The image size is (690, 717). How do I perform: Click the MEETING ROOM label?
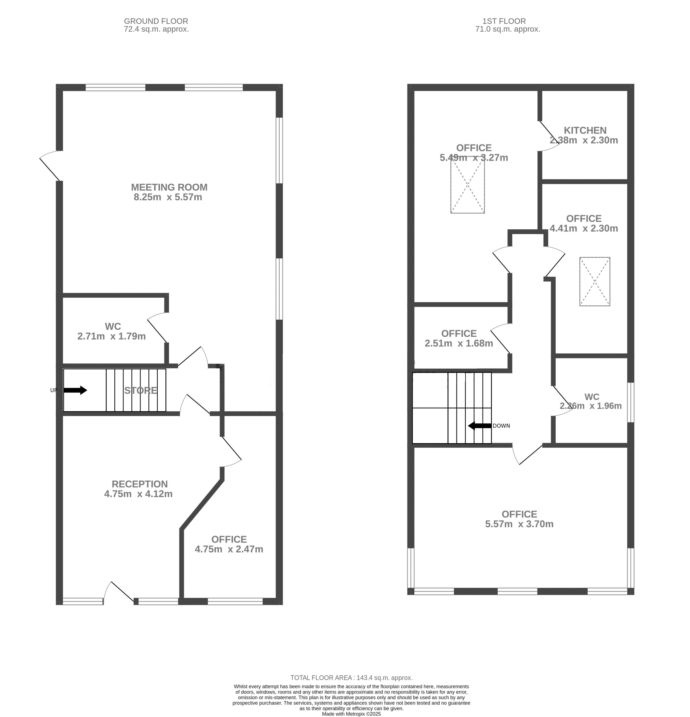(x=169, y=187)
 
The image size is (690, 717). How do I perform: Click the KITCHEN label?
(x=585, y=130)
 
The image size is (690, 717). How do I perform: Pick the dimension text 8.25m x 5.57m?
(x=168, y=197)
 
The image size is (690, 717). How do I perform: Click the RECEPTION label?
(x=140, y=484)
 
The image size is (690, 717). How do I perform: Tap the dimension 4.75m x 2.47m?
(x=229, y=549)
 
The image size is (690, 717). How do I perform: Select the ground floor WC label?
(x=113, y=326)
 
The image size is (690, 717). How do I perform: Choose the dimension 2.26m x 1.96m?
(x=591, y=406)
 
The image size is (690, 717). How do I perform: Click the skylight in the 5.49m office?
(x=468, y=185)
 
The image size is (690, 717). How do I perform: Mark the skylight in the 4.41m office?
(x=595, y=282)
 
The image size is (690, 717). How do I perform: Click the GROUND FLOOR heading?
(x=156, y=21)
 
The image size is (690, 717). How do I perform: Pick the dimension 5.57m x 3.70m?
(x=519, y=524)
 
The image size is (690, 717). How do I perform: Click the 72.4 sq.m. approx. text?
(x=156, y=29)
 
